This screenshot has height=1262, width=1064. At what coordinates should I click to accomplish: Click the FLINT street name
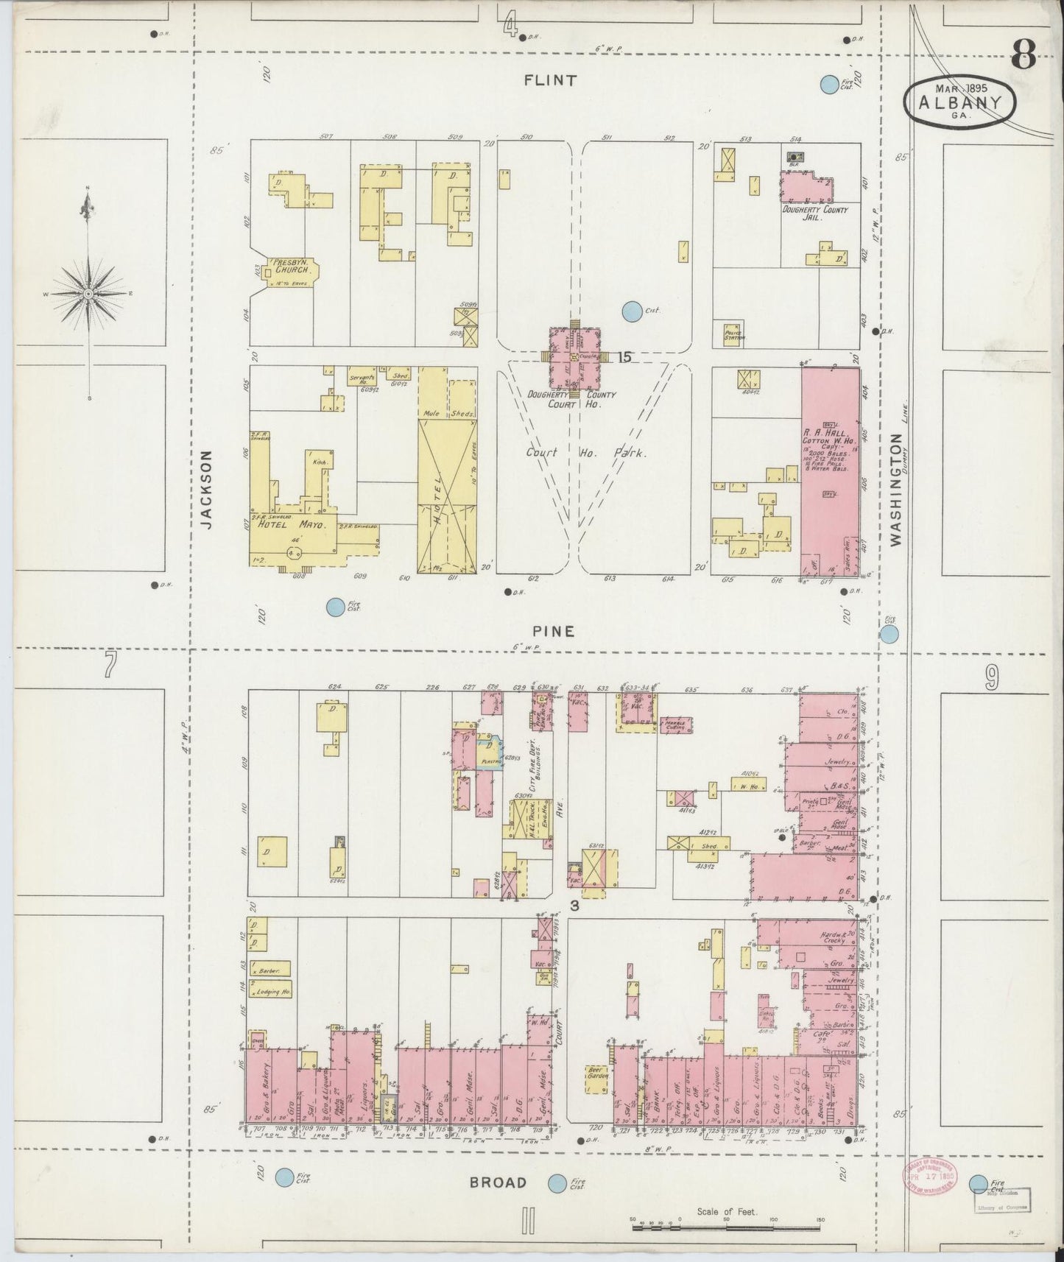(549, 81)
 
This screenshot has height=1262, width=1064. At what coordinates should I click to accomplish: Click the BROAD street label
(499, 1182)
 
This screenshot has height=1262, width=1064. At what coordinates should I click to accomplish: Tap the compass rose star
(88, 293)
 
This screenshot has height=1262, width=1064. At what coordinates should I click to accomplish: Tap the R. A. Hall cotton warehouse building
(830, 471)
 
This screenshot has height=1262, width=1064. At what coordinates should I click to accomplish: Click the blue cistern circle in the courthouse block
(631, 311)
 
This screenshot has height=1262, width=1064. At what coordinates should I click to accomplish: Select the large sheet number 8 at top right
(1024, 55)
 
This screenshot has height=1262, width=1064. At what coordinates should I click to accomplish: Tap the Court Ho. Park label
(586, 454)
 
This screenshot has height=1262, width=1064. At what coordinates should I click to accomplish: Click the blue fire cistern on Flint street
(829, 85)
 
